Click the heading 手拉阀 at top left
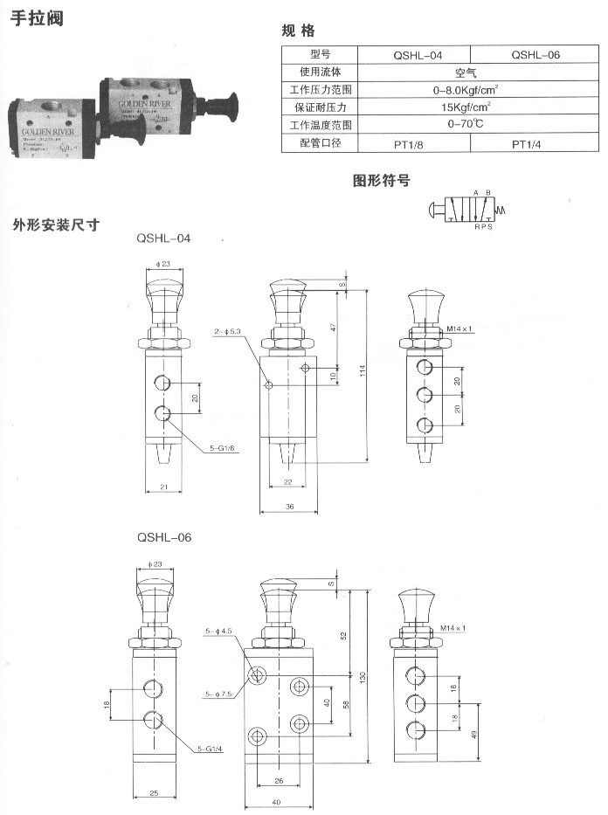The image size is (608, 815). pos(36,18)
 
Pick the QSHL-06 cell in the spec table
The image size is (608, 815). pos(535,54)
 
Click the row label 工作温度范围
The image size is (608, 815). pos(319,126)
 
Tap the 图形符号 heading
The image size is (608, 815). pos(381,181)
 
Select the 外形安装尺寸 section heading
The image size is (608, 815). pos(56,224)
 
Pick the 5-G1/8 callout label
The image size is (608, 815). pos(223,449)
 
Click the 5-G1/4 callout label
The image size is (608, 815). pos(211,749)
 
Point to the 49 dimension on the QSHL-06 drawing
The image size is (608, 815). pos(473,734)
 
